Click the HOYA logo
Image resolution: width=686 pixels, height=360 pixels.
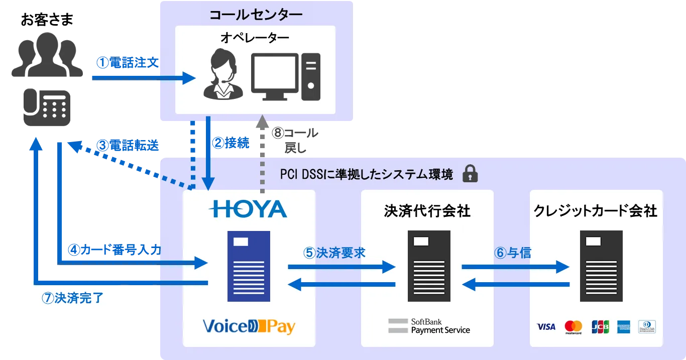click(249, 209)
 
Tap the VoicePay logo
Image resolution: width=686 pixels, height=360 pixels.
click(249, 327)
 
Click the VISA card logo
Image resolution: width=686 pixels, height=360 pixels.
click(546, 327)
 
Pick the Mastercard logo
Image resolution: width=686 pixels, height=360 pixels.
click(573, 327)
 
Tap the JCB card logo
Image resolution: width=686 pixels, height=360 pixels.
click(600, 327)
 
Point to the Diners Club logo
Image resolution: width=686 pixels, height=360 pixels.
click(647, 327)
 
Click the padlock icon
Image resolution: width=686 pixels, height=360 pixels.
click(470, 173)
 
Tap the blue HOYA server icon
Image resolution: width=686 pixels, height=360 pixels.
click(249, 266)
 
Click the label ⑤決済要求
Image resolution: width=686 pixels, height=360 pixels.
click(334, 253)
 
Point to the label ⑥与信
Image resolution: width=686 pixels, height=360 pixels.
click(513, 253)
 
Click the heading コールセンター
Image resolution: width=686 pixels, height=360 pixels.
click(256, 15)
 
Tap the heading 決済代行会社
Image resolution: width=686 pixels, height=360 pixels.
click(427, 211)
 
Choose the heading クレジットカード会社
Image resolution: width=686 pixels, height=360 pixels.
click(596, 211)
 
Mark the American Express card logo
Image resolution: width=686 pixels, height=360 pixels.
click(624, 327)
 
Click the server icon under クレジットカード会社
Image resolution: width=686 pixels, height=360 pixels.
click(601, 266)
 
